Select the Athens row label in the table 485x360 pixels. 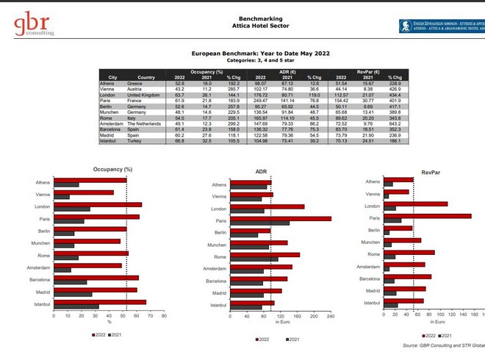(107, 83)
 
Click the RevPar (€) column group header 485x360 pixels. (367, 71)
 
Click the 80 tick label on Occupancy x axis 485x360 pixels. (163, 316)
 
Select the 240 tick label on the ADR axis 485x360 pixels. (331, 316)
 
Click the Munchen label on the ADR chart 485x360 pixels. (217, 245)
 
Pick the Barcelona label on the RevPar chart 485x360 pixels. (370, 278)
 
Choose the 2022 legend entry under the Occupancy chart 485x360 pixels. (98, 334)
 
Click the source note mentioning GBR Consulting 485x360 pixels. (444, 345)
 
